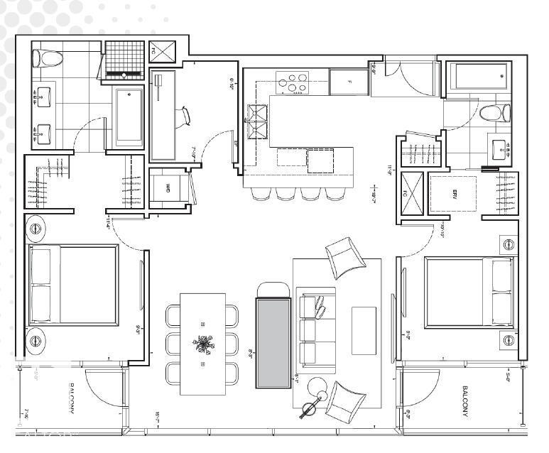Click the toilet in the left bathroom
[48, 58]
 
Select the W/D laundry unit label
[168, 189]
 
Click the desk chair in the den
[185, 116]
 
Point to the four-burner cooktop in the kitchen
[294, 82]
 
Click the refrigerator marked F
[349, 82]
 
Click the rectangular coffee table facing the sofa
[363, 330]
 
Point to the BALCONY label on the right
[464, 402]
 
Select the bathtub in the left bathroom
[129, 117]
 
